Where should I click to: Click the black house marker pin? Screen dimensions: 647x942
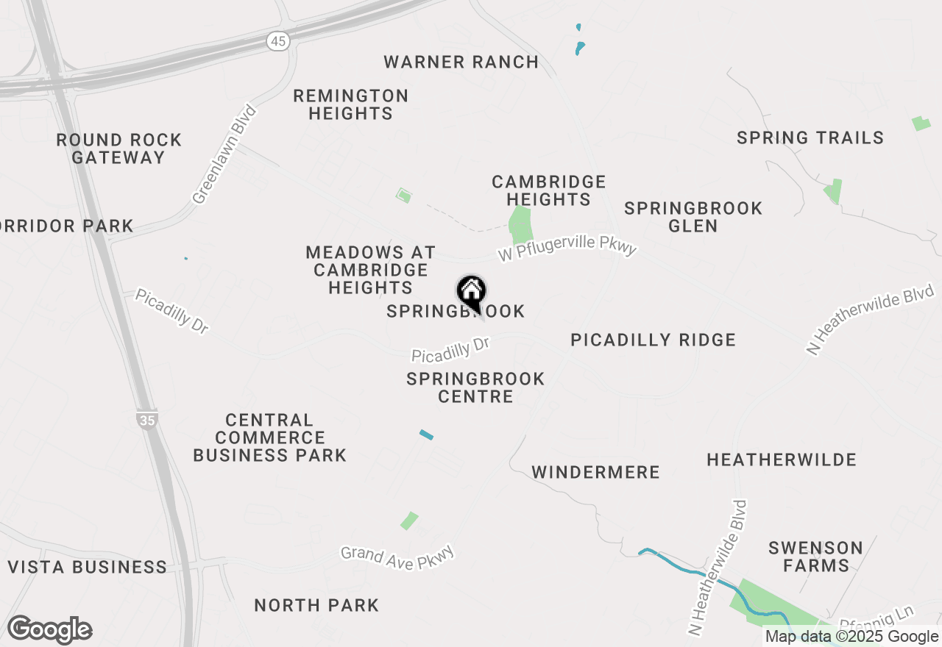tap(471, 292)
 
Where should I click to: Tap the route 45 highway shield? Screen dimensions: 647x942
tap(277, 42)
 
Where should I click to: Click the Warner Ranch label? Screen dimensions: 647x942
tap(461, 62)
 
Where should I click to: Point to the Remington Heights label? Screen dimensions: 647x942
tap(350, 104)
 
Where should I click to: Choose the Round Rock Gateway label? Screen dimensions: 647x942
tap(118, 149)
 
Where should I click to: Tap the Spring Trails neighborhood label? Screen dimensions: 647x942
tap(810, 137)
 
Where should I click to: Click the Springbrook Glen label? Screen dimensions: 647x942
tap(693, 217)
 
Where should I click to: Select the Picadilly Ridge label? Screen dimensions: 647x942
tap(654, 340)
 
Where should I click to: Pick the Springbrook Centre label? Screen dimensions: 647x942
tap(475, 387)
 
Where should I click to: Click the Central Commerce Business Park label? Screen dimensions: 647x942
tap(269, 437)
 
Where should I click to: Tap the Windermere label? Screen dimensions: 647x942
tap(595, 472)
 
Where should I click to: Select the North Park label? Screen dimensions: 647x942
tap(316, 605)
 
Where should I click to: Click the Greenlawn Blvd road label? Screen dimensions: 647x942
tap(224, 154)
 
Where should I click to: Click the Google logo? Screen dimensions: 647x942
tap(49, 629)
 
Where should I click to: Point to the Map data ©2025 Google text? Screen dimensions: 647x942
tap(851, 637)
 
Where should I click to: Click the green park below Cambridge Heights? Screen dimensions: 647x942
tap(520, 225)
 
